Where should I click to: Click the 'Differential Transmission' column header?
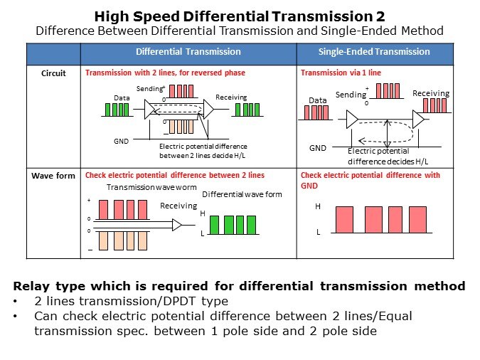[x=188, y=51]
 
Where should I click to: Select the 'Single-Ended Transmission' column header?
[x=374, y=51]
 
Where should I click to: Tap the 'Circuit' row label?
[x=53, y=73]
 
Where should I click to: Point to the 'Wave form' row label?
[x=53, y=176]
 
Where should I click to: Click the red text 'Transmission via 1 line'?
[x=341, y=73]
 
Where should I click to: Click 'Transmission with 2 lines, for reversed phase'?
[x=165, y=73]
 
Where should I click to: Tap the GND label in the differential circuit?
[x=121, y=142]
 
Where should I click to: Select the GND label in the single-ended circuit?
[x=318, y=148]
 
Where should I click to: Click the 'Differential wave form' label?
[x=242, y=194]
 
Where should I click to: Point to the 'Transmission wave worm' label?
[x=151, y=187]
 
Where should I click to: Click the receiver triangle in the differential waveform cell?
[x=177, y=225]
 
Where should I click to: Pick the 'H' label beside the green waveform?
[x=203, y=213]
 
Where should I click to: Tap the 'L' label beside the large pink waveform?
[x=319, y=232]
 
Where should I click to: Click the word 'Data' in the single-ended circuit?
[x=317, y=100]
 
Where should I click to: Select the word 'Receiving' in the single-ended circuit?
[x=431, y=93]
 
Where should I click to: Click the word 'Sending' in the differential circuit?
[x=150, y=89]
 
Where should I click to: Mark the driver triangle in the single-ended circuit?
[x=352, y=120]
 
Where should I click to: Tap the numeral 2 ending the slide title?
[x=380, y=16]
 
